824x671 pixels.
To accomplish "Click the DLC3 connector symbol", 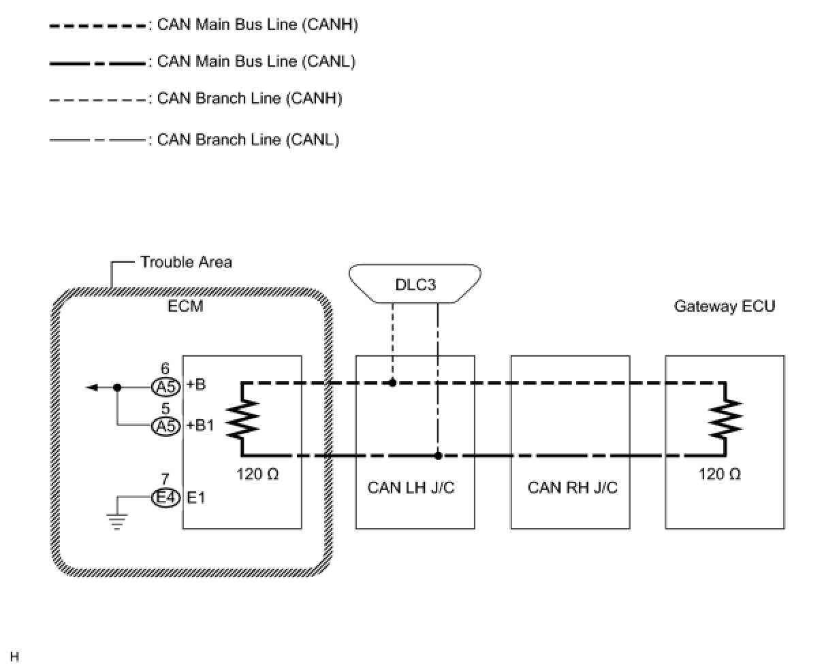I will click(415, 284).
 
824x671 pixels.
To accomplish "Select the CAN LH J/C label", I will click(411, 487).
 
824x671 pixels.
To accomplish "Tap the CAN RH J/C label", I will click(572, 487).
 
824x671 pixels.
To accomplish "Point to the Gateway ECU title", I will click(724, 306).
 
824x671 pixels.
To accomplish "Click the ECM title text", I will click(185, 306).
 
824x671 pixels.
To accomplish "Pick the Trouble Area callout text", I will click(186, 262).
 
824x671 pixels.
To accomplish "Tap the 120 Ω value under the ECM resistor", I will click(257, 474).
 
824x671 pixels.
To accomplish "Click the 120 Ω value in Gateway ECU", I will click(719, 474).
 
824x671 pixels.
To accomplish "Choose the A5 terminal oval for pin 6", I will click(165, 387).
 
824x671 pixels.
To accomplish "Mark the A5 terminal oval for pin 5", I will click(165, 426).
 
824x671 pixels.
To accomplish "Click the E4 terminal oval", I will click(165, 498).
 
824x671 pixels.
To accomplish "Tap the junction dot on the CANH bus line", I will click(393, 383).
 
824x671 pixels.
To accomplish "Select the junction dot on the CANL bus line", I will click(438, 455).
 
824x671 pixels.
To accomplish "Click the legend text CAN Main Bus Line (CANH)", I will click(257, 25).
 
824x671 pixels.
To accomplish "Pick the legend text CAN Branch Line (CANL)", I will click(248, 140).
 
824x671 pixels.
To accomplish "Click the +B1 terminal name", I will click(200, 426).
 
